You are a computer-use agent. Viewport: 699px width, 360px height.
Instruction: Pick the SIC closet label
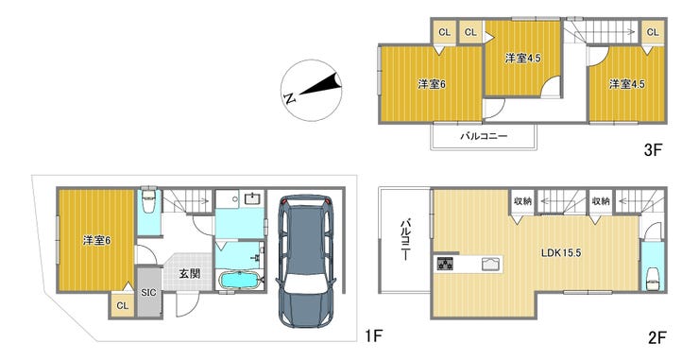pos(149,293)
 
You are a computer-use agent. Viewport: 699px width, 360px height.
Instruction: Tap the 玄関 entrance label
pos(189,273)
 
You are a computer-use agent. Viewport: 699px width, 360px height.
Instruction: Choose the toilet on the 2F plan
pos(653,276)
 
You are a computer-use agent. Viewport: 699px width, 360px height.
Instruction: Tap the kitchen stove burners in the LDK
pos(445,264)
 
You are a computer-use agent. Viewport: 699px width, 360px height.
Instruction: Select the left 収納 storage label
pos(522,200)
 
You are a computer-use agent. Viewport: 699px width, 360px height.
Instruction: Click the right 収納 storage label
pos(601,200)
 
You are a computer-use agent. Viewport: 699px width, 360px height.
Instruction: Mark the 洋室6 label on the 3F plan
pos(432,84)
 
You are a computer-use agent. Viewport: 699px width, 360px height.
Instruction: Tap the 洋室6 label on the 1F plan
pos(96,240)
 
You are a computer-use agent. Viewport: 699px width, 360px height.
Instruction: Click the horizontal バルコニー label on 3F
pos(485,136)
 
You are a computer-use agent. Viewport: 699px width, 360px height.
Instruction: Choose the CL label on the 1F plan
pos(122,305)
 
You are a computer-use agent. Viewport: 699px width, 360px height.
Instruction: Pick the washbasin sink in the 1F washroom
pos(252,198)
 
